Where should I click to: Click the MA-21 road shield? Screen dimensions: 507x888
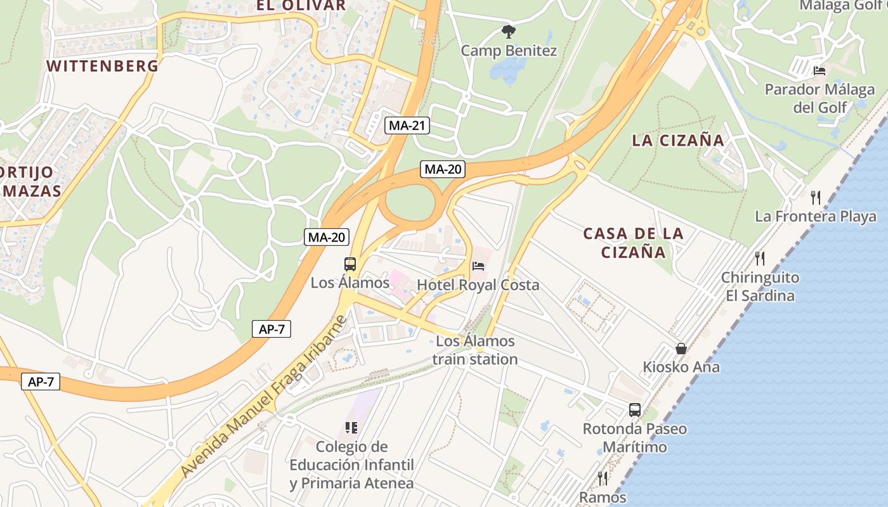click(407, 125)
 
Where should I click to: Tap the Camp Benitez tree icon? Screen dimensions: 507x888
click(507, 31)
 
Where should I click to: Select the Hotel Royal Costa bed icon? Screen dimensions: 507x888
click(478, 266)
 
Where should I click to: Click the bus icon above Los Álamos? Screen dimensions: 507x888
click(349, 264)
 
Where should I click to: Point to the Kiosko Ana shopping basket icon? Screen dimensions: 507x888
click(681, 349)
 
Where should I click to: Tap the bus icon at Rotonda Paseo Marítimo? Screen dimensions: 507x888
click(635, 409)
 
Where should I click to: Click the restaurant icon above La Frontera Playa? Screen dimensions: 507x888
click(816, 197)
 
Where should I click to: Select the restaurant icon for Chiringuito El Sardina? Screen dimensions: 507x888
click(760, 258)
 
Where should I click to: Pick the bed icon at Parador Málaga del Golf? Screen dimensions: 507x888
click(819, 70)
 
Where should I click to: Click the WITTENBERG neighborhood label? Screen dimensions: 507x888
click(102, 65)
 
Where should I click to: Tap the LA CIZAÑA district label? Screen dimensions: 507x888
click(677, 140)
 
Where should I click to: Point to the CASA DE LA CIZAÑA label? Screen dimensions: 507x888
click(633, 243)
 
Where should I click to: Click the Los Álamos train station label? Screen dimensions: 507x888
click(475, 350)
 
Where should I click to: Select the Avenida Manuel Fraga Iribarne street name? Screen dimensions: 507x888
click(264, 397)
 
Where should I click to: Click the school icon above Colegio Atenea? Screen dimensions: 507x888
click(351, 428)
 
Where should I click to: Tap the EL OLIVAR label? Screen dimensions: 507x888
click(301, 6)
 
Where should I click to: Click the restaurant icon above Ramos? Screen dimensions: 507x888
click(603, 478)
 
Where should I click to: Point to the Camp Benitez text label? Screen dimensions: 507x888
click(509, 51)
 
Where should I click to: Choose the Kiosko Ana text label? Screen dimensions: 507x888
click(681, 367)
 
